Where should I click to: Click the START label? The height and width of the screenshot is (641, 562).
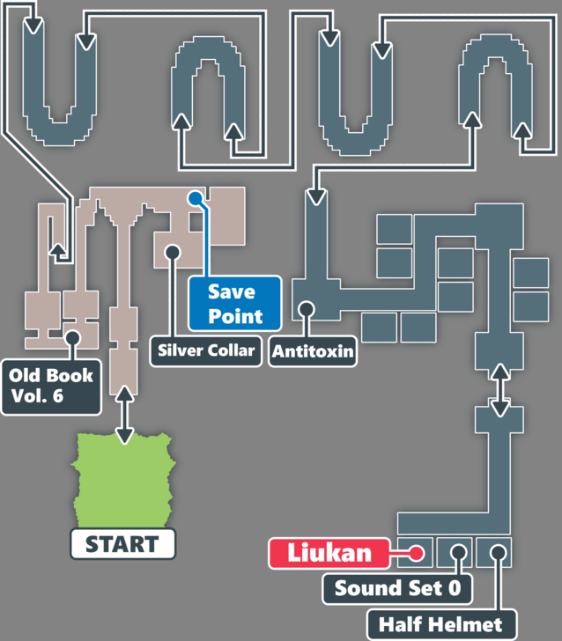click(x=122, y=544)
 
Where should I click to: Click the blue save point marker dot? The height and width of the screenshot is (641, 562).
click(x=193, y=199)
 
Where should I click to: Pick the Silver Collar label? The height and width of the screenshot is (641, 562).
click(x=206, y=350)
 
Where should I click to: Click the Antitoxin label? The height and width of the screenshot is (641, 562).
click(x=313, y=351)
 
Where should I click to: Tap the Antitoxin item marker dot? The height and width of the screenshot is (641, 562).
click(x=307, y=309)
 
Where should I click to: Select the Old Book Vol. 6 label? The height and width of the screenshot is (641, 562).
click(x=49, y=385)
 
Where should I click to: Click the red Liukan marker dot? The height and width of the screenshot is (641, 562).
click(x=418, y=554)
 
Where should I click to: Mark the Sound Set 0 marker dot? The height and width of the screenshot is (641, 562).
click(x=457, y=554)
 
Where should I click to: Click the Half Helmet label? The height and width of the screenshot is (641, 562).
click(x=440, y=624)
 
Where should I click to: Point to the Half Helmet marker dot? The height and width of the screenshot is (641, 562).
click(x=498, y=554)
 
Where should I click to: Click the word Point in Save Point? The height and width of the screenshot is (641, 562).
click(x=235, y=315)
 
